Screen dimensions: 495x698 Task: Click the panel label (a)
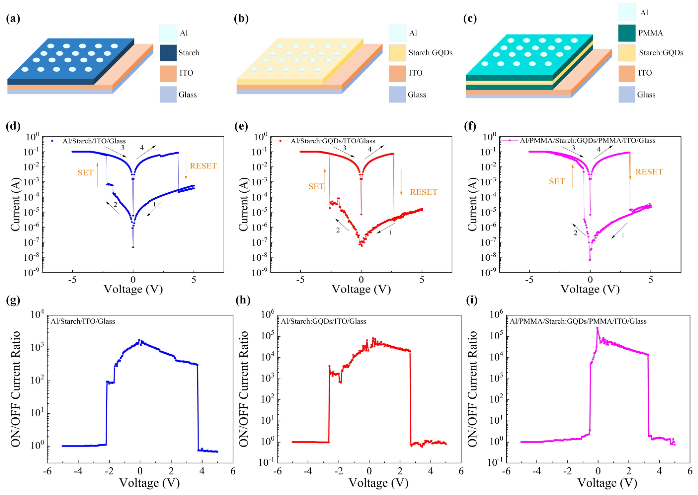(13, 19)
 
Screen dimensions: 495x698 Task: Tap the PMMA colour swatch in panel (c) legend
(627, 33)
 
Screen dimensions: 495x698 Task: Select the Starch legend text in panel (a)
(189, 53)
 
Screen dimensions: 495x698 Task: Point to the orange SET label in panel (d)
(85, 173)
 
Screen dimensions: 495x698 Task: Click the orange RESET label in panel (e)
(423, 192)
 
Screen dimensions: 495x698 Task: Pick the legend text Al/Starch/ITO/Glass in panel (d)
(94, 141)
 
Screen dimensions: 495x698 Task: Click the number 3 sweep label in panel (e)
(344, 148)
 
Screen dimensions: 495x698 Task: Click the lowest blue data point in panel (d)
(133, 247)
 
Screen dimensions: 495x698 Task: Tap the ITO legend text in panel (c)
(645, 73)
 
